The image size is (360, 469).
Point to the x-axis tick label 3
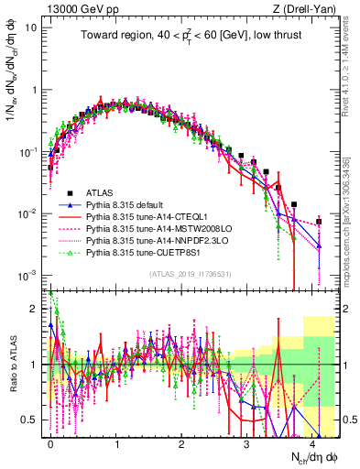(247, 441)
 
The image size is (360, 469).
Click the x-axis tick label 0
(50, 441)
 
